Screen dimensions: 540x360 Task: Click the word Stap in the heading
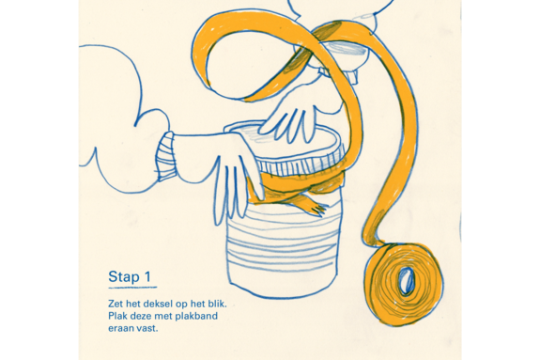[124, 277]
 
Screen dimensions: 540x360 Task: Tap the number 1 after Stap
[147, 276]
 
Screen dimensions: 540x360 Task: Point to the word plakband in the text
[197, 316]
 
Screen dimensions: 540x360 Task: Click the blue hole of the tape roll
[407, 280]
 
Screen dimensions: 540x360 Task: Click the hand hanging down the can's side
[234, 180]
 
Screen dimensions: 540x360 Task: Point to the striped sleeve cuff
[165, 156]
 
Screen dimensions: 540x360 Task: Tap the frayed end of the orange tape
[316, 207]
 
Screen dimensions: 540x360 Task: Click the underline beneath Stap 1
[132, 287]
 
